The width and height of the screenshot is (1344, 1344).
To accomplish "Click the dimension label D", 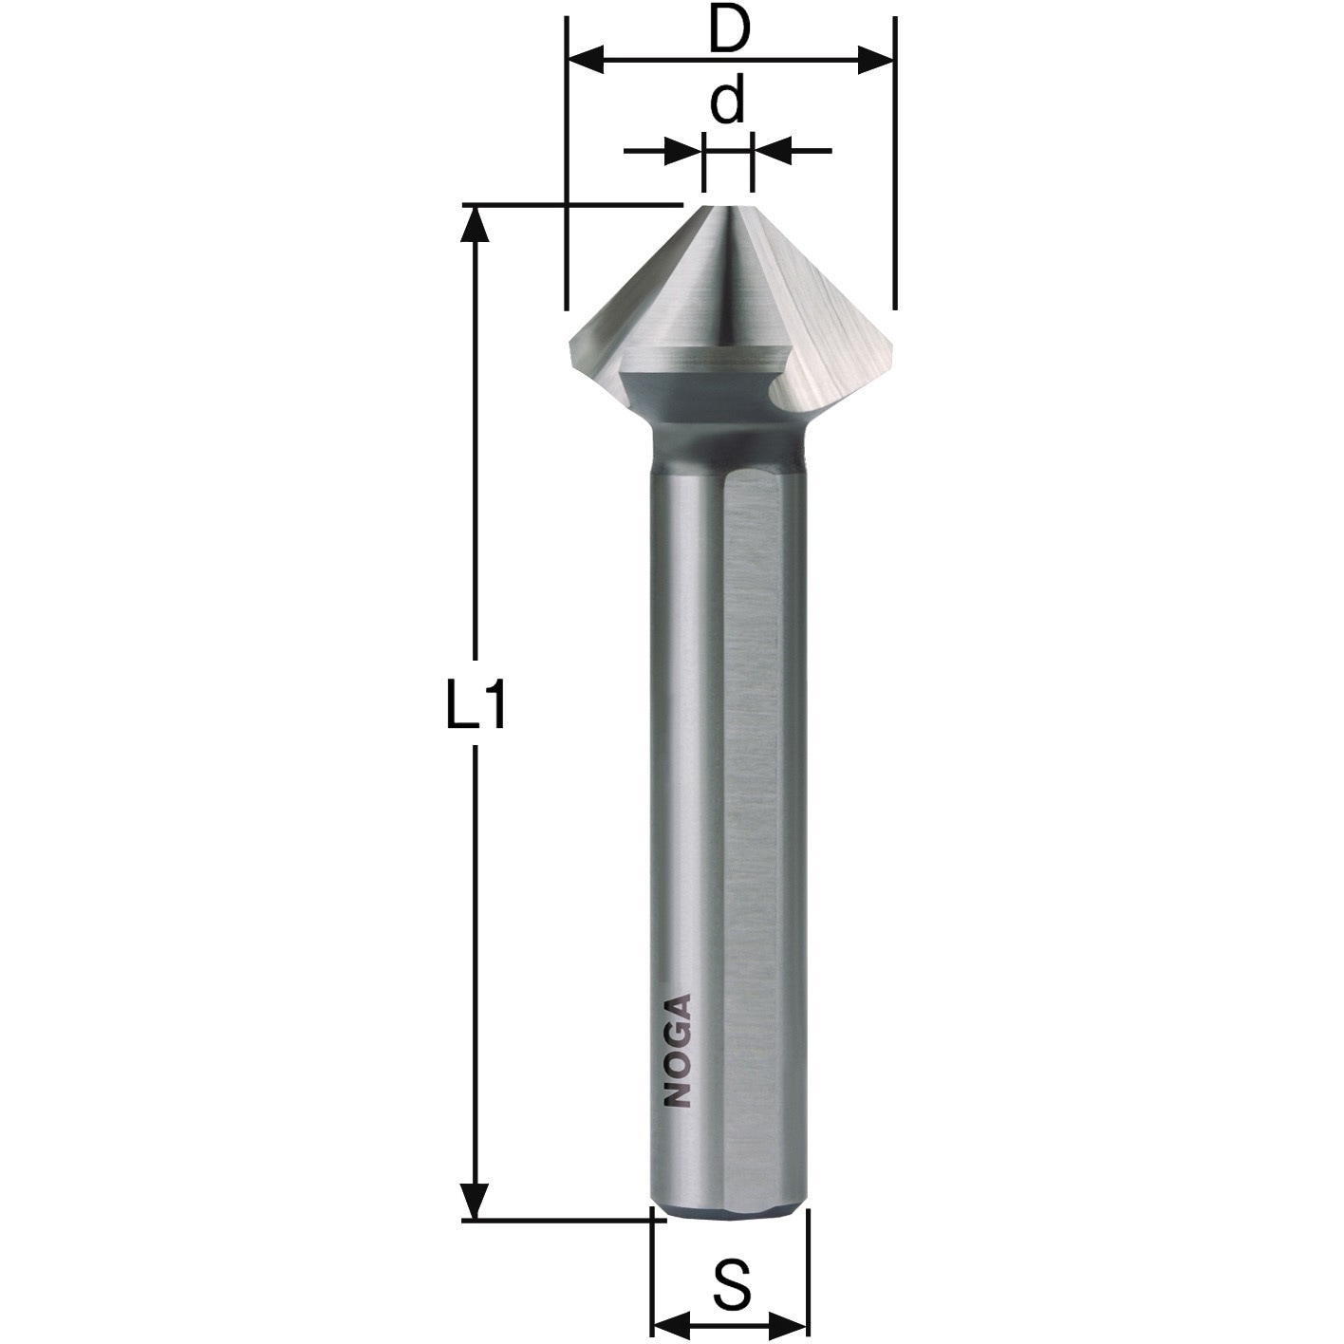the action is (x=729, y=30).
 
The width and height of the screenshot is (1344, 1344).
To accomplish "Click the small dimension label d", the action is (x=727, y=102).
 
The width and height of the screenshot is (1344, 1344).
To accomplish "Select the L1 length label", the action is (x=475, y=704).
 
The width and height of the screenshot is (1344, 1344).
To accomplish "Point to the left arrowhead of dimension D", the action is (x=586, y=60).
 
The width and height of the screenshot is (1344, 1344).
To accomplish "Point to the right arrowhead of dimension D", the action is (x=875, y=60).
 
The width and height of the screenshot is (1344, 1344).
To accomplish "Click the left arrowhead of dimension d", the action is (x=684, y=150).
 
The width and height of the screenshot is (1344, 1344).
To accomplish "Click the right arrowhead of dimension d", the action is (x=773, y=150).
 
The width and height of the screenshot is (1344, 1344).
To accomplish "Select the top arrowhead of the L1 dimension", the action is (x=475, y=223).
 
